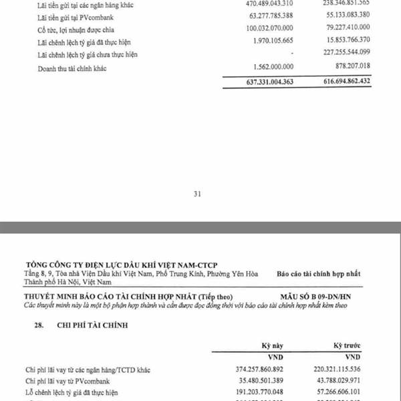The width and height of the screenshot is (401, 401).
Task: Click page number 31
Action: (197, 194)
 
